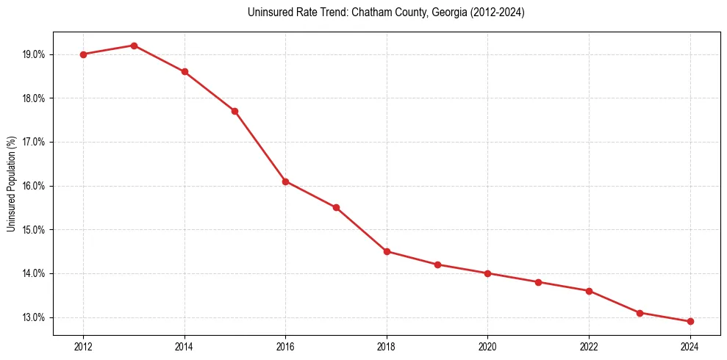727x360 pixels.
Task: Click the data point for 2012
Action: [83, 54]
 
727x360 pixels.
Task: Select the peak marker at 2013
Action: [134, 46]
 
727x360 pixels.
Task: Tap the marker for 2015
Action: [235, 111]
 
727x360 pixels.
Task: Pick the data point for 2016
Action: [285, 181]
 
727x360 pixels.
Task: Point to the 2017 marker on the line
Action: [336, 208]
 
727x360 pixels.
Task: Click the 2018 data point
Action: [387, 251]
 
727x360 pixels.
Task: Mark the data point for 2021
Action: [538, 282]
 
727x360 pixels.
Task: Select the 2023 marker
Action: [640, 313]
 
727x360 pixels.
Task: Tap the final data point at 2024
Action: [690, 322]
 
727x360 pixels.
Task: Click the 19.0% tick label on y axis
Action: [35, 54]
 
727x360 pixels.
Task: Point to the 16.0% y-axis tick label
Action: [35, 186]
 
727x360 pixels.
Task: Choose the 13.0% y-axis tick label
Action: [35, 317]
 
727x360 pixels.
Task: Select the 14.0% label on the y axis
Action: [35, 273]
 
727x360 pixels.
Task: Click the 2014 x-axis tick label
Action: [185, 346]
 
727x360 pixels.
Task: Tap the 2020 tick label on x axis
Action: [488, 346]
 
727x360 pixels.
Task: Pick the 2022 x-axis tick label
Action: [589, 346]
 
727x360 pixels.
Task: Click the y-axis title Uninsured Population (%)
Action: [12, 184]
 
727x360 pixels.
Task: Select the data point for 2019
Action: [437, 264]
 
